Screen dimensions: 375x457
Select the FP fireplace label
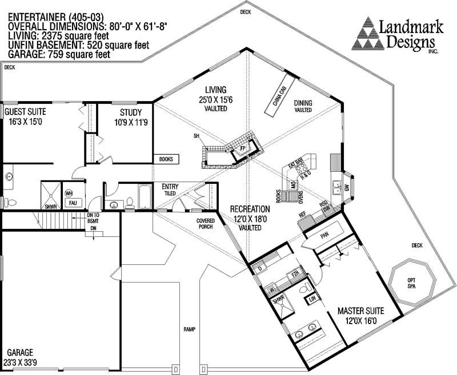click(242, 148)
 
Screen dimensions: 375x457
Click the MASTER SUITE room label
click(360, 311)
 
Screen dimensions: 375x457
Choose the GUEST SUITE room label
click(26, 112)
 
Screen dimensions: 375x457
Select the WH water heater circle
click(69, 193)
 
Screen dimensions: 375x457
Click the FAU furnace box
click(73, 203)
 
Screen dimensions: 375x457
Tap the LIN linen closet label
click(312, 299)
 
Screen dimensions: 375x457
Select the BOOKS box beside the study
click(166, 159)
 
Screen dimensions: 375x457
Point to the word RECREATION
click(250, 209)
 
